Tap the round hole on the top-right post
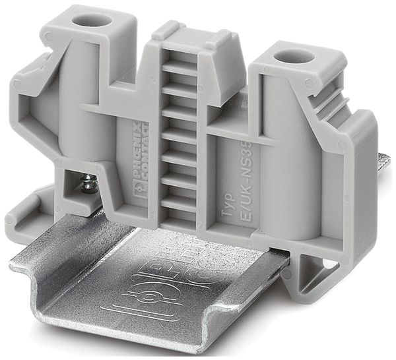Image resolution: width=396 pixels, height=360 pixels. coord(295,57)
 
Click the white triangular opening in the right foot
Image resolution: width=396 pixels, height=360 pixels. coord(327,265)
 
